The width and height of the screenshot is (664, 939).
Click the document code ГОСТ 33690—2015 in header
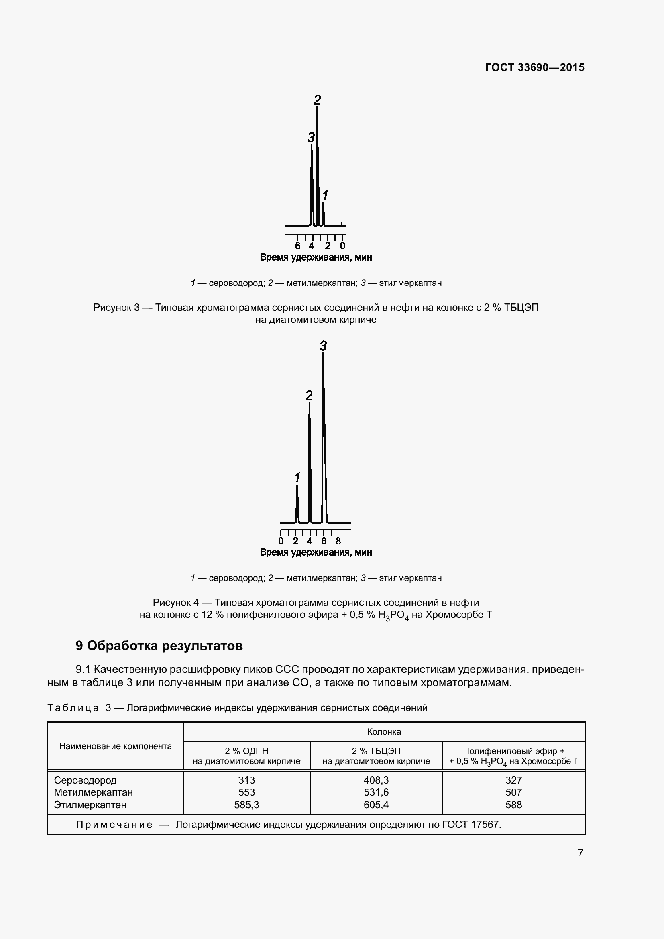point(534,67)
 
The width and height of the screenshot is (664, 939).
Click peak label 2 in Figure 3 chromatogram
point(317,100)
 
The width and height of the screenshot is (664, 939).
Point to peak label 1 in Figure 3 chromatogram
point(325,196)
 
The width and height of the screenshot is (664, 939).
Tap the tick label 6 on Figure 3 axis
point(297,246)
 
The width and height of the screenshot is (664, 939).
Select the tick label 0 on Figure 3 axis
point(342,246)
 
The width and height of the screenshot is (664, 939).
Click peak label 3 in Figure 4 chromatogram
point(323,346)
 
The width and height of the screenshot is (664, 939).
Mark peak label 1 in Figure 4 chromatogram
point(297,477)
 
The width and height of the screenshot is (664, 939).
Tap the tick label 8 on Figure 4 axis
point(338,541)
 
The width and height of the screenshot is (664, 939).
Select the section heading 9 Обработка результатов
point(159,646)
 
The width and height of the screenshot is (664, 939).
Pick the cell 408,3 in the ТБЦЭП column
point(376,780)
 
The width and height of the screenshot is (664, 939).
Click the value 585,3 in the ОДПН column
point(246,805)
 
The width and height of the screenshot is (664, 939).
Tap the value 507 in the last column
point(513,792)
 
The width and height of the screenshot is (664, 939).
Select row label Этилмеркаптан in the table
point(90,805)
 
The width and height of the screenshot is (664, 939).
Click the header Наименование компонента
point(115,746)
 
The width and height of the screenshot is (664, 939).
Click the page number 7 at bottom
point(580,853)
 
